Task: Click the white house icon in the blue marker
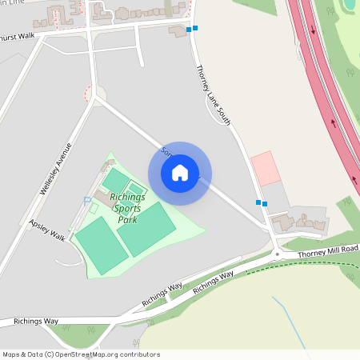180,172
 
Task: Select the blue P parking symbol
86,201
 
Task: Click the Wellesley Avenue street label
55,169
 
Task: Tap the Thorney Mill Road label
328,252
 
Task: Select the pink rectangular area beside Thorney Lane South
265,169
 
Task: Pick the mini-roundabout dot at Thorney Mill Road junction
277,254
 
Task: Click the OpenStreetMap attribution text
81,354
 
